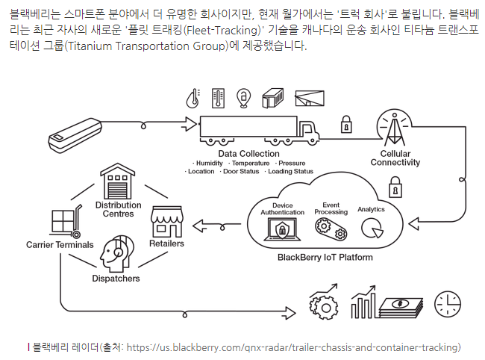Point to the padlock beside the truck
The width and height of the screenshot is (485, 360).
(x=346, y=124)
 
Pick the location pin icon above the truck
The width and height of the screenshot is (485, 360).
(x=242, y=97)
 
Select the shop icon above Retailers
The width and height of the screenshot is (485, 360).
(x=167, y=221)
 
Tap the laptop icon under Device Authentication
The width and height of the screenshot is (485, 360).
(x=283, y=229)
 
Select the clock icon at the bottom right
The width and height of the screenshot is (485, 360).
(x=448, y=303)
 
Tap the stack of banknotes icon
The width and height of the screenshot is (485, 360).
(x=401, y=305)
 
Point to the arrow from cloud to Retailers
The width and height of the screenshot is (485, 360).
(x=216, y=223)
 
